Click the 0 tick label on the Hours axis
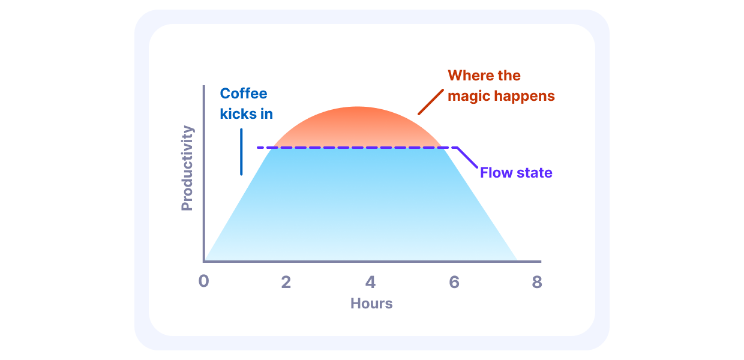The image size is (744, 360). coord(203,281)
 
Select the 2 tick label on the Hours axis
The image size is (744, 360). coord(286,282)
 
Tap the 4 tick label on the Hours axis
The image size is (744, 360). coord(370,282)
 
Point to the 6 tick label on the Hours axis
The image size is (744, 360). coord(454,282)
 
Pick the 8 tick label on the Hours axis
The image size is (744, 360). coord(537,282)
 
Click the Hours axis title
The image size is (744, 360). coord(371,303)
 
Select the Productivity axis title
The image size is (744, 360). coord(187,168)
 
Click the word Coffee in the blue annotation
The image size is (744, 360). coord(244,94)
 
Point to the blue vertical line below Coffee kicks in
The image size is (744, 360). coord(241,152)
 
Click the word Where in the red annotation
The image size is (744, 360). coord(467,76)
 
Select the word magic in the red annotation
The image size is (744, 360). coord(469,97)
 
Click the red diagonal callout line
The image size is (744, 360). coord(431,102)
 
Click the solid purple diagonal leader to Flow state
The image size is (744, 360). coord(467,157)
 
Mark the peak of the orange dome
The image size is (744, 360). coord(358,107)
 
